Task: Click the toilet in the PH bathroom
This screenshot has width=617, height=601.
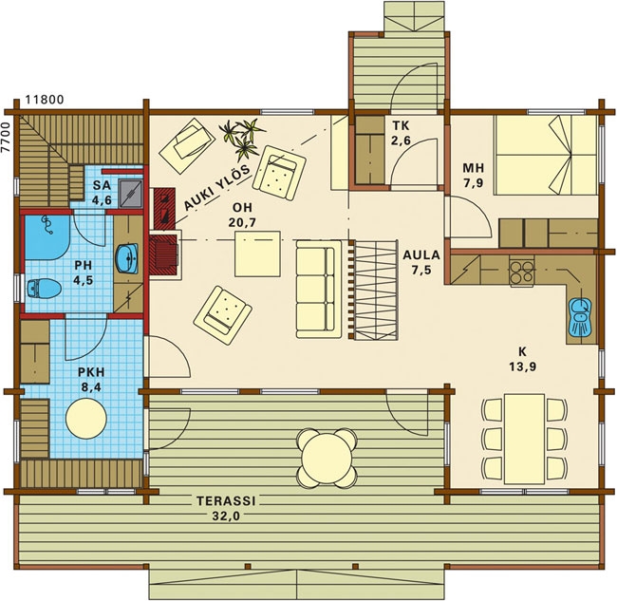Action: pyautogui.click(x=44, y=289)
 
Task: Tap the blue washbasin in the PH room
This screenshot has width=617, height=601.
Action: pyautogui.click(x=127, y=258)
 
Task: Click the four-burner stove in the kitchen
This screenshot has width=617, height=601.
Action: pyautogui.click(x=522, y=272)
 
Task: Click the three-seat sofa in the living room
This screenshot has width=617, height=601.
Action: pyautogui.click(x=318, y=290)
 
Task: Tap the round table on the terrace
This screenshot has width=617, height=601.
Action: pyautogui.click(x=327, y=458)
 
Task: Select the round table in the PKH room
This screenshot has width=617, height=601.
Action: pyautogui.click(x=86, y=419)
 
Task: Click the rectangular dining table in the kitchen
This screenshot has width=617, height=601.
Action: pyautogui.click(x=525, y=438)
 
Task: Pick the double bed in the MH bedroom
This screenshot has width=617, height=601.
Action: pyautogui.click(x=546, y=155)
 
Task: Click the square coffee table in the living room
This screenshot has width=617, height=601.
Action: pyautogui.click(x=257, y=254)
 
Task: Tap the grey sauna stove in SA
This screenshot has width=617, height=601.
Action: pyautogui.click(x=131, y=194)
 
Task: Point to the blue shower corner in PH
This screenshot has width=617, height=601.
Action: pyautogui.click(x=47, y=237)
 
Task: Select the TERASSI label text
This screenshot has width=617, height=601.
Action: pyautogui.click(x=226, y=501)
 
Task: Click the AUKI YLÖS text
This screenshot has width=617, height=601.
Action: pyautogui.click(x=216, y=188)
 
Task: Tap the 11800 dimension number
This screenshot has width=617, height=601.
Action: pyautogui.click(x=45, y=100)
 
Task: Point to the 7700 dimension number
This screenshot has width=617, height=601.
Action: pyautogui.click(x=5, y=137)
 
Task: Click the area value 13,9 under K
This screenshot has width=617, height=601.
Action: pyautogui.click(x=523, y=366)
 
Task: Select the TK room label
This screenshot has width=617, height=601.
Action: pyautogui.click(x=401, y=125)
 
